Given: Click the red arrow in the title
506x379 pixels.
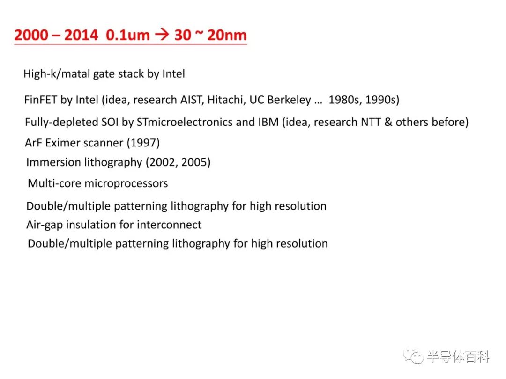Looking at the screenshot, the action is pyautogui.click(x=162, y=34).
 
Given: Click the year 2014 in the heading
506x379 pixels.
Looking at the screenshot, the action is pyautogui.click(x=81, y=35).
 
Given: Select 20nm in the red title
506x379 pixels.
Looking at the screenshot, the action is pyautogui.click(x=227, y=35).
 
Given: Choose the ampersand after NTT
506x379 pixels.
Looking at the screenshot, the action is pyautogui.click(x=388, y=122).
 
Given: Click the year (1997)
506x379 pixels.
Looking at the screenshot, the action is pyautogui.click(x=143, y=143).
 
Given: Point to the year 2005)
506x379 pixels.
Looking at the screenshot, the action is pyautogui.click(x=196, y=162).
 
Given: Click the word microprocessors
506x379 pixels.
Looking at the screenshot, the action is pyautogui.click(x=126, y=184).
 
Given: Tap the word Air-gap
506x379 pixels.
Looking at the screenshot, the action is pyautogui.click(x=45, y=225).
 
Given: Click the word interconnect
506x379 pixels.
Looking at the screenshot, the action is pyautogui.click(x=169, y=225).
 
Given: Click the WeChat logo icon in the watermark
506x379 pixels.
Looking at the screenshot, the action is pyautogui.click(x=413, y=357).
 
